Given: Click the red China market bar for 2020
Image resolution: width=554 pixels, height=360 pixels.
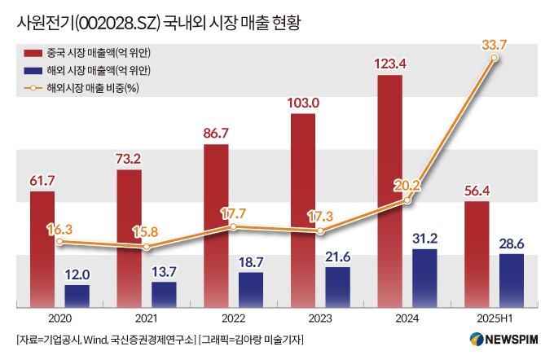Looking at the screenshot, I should (42, 249).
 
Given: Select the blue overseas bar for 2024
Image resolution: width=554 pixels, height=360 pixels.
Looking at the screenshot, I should (424, 278).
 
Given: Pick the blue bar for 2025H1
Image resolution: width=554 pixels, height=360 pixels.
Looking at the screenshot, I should (511, 280).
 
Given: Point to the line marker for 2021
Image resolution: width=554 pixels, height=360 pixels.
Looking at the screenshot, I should (147, 246).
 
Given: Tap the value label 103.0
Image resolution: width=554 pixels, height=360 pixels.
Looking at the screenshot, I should (303, 103).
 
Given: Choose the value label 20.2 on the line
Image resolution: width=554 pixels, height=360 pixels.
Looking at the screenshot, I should (406, 184).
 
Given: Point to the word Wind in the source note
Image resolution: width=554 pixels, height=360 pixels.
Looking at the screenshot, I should (95, 339).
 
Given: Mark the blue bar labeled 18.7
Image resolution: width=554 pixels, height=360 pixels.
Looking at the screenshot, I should (251, 289).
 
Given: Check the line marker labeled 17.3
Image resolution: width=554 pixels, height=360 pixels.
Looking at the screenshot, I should (320, 232).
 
